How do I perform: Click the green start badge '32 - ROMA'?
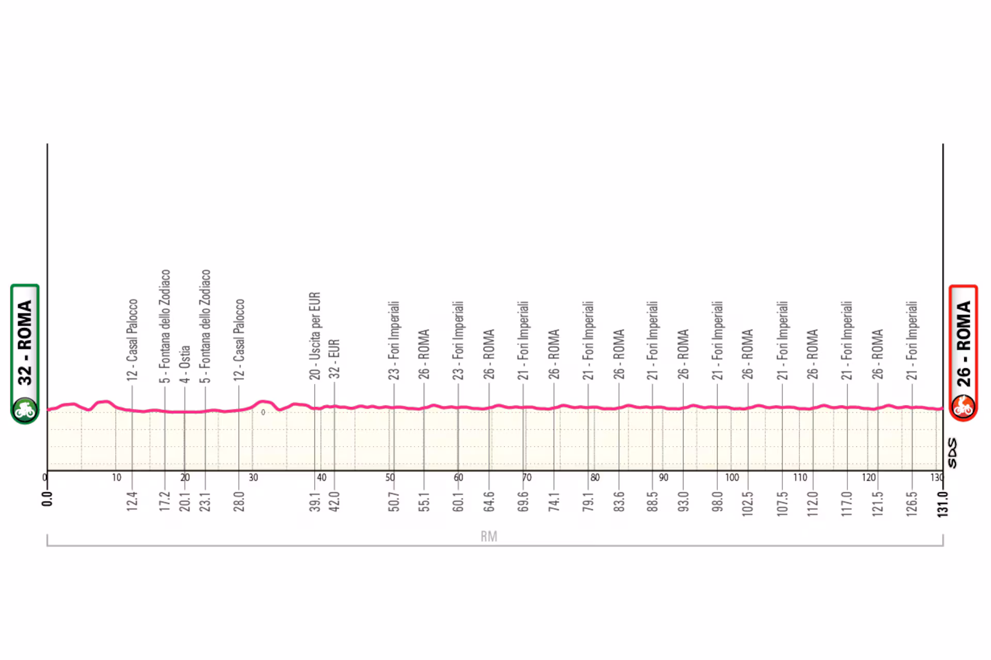tap(25, 343)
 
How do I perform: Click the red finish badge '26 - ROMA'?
tap(963, 343)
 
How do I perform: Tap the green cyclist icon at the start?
tap(24, 410)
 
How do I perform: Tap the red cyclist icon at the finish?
tap(963, 406)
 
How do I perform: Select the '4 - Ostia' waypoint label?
tap(185, 364)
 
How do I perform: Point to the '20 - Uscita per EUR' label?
tap(315, 336)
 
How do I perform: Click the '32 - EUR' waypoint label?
tap(334, 358)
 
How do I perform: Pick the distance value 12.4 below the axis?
tap(132, 501)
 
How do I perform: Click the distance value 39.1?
tap(315, 501)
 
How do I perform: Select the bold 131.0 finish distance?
tap(943, 504)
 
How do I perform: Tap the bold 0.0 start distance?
tap(47, 499)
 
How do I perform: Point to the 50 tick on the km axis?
tap(390, 478)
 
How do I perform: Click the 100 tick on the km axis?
tap(732, 478)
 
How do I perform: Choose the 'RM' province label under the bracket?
tap(489, 537)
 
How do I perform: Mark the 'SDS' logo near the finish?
tap(952, 453)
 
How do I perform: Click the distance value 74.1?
tap(554, 501)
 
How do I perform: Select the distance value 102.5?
tap(748, 504)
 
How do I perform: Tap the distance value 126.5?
tap(912, 504)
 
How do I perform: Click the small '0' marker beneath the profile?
tap(263, 412)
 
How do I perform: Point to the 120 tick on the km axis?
tap(869, 478)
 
